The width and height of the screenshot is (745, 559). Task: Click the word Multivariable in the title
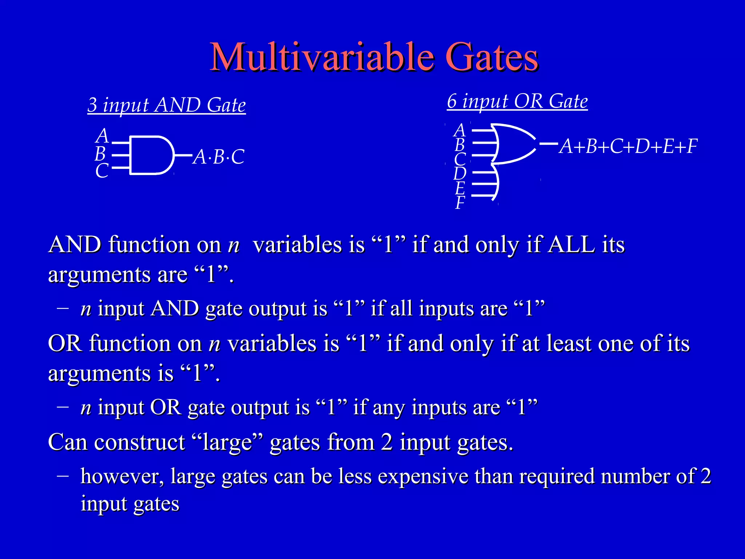pyautogui.click(x=322, y=57)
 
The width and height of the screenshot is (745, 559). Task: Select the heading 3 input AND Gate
pyautogui.click(x=167, y=105)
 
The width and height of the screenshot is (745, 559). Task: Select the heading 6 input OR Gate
pyautogui.click(x=517, y=101)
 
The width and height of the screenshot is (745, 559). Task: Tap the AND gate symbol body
pyautogui.click(x=149, y=155)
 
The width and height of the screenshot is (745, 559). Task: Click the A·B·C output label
pyautogui.click(x=219, y=157)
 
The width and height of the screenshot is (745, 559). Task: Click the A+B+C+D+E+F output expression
pyautogui.click(x=628, y=146)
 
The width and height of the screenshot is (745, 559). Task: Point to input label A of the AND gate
pyautogui.click(x=103, y=136)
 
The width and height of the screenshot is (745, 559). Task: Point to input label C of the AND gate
pyautogui.click(x=102, y=171)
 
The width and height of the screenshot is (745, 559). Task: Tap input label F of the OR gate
pyautogui.click(x=460, y=202)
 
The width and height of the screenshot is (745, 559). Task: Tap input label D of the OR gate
pyautogui.click(x=460, y=173)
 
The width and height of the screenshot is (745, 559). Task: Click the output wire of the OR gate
pyautogui.click(x=548, y=144)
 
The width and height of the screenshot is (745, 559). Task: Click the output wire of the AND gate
pyautogui.click(x=183, y=155)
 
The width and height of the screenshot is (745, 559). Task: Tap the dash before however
pyautogui.click(x=63, y=475)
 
